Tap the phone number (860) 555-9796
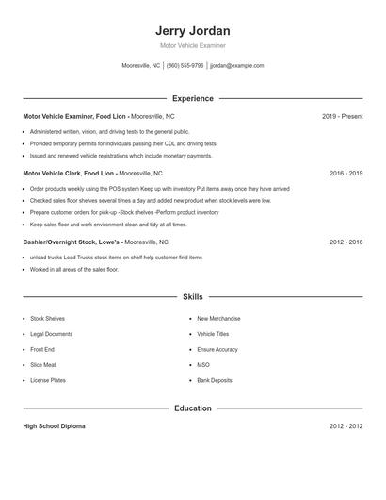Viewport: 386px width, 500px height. click(x=185, y=66)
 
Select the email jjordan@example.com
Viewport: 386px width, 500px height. click(x=236, y=66)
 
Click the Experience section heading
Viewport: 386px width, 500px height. click(x=192, y=98)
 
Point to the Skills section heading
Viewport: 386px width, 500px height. click(x=192, y=296)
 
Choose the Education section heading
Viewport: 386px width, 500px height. click(x=192, y=408)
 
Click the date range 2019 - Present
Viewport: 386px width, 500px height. click(x=342, y=116)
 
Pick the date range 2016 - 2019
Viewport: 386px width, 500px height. click(x=346, y=174)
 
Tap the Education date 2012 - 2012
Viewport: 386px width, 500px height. click(x=346, y=426)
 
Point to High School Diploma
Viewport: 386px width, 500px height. click(x=54, y=426)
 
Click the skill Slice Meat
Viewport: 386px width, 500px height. click(x=43, y=364)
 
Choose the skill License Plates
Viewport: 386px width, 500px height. click(x=48, y=380)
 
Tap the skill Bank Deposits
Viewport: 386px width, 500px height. click(x=215, y=380)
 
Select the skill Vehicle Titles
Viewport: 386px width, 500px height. click(x=214, y=334)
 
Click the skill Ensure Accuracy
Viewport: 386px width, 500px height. click(x=217, y=349)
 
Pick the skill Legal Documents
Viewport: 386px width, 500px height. click(x=51, y=334)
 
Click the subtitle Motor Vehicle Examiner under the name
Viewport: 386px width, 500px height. click(x=192, y=45)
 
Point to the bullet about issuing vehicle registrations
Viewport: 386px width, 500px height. click(x=121, y=155)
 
